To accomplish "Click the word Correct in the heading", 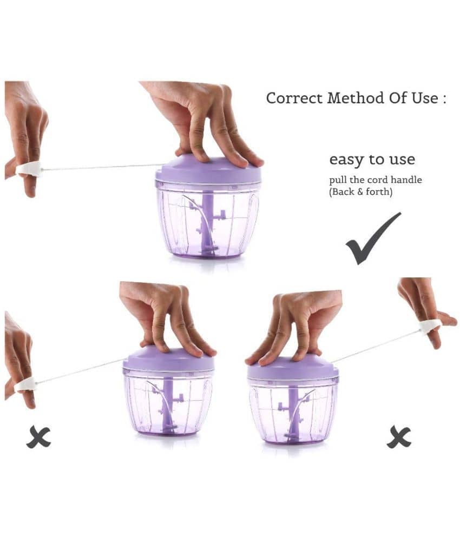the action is tap(294, 98).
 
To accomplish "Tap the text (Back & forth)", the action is tap(361, 191).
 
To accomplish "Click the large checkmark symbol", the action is tap(373, 238).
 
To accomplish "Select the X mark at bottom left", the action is tap(38, 437).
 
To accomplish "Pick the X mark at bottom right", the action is tap(399, 437).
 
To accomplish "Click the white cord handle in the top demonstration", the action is tap(29, 169).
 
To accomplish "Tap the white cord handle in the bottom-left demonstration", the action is tap(25, 384).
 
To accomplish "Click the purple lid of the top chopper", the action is tap(208, 170).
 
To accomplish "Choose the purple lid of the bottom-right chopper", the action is tap(293, 368).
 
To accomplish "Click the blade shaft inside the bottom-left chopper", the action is tap(168, 406).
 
